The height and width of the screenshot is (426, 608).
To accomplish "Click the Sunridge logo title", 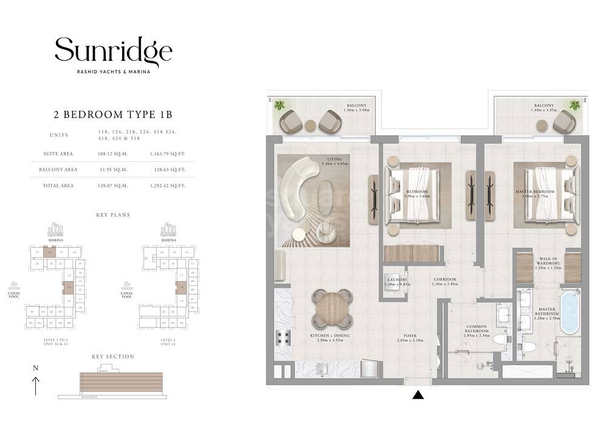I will [x=114, y=52].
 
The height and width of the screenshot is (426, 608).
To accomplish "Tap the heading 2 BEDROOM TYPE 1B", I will [x=113, y=114].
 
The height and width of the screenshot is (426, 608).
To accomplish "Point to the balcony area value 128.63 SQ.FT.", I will [x=167, y=170].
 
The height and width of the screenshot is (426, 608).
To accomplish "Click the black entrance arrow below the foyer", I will [x=418, y=396].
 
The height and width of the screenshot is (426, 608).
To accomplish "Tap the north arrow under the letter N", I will [x=36, y=386].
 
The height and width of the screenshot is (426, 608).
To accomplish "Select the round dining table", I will [x=333, y=309].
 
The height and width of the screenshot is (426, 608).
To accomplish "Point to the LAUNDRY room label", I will [x=396, y=280].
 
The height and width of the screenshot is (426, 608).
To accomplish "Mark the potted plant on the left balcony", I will [x=279, y=106].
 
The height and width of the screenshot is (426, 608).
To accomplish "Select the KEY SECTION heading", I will [x=112, y=357].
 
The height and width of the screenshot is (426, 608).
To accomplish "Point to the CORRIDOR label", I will [x=444, y=280].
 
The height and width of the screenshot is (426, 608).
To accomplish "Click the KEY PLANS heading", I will [x=112, y=215].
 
